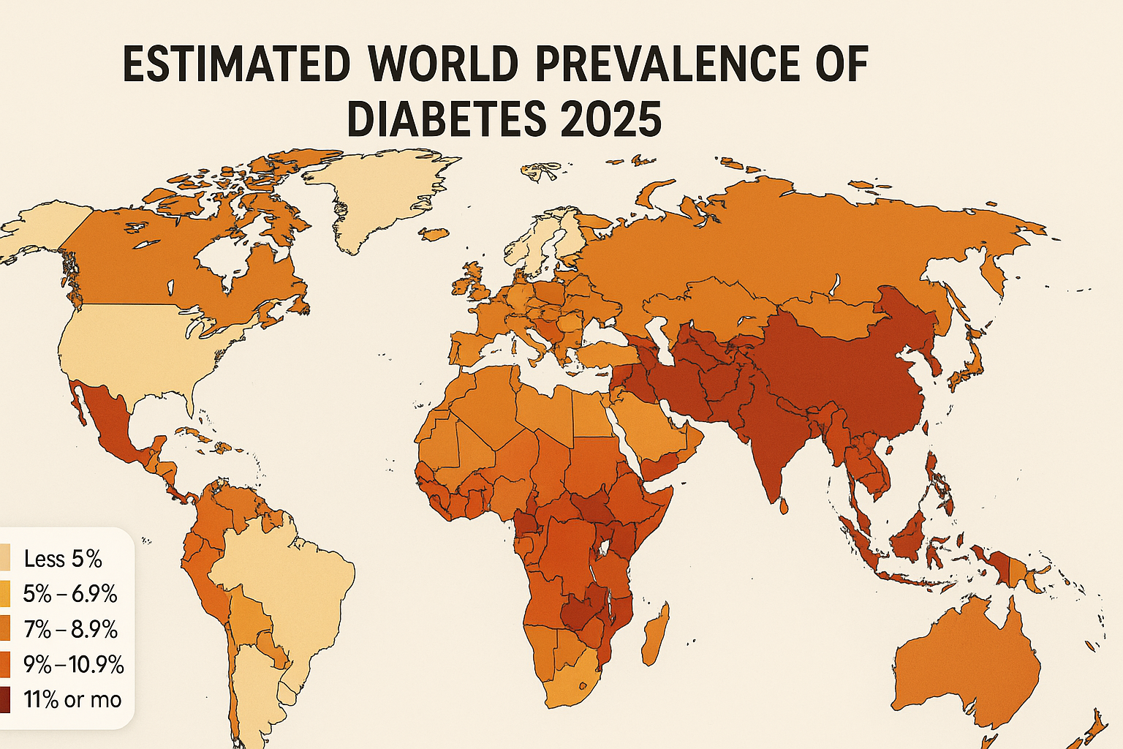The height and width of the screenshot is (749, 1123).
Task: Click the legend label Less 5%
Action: pyautogui.click(x=63, y=560)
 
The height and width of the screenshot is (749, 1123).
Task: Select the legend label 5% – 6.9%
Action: pyautogui.click(x=70, y=594)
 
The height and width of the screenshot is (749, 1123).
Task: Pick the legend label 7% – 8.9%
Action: pyautogui.click(x=70, y=630)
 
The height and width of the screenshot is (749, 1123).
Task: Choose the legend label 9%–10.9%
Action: pyautogui.click(x=73, y=665)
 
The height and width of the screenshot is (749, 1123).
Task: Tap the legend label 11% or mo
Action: pyautogui.click(x=72, y=700)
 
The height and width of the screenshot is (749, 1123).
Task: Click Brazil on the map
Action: pyautogui.click(x=292, y=585)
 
